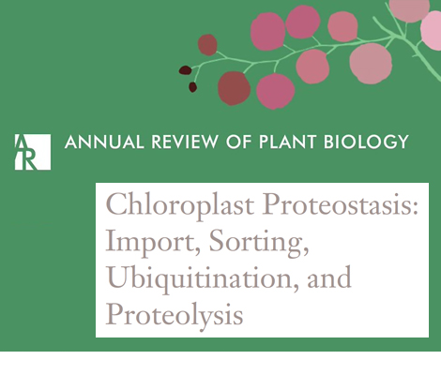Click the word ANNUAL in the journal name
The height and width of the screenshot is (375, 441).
coord(104,142)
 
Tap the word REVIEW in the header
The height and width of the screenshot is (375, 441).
coord(184,142)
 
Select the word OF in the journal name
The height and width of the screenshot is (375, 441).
coord(239,142)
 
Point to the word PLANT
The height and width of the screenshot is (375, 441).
coord(288,142)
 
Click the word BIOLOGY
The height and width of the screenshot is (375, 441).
coord(366,142)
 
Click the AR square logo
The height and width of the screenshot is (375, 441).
coord(33,152)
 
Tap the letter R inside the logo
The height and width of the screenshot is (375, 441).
coord(29,160)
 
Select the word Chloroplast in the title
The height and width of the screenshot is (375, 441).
coord(180,205)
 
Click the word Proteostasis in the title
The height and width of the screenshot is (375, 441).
coord(336,205)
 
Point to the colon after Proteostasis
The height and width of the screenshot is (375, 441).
coord(415,207)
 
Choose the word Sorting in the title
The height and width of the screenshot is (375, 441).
coord(258,243)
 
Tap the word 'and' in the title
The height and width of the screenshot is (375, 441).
coord(329,277)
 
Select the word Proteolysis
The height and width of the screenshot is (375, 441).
coord(175,315)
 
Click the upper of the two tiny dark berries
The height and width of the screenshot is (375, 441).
coord(185,70)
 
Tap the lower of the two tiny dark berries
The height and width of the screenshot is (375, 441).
coord(192,87)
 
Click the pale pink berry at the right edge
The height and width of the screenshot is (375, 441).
coord(433,30)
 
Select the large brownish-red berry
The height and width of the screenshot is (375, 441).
coord(234,88)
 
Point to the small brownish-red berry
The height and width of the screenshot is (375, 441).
coord(207,45)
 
